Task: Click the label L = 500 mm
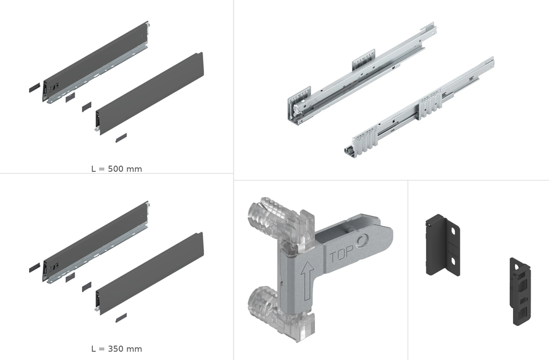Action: tap(117, 169)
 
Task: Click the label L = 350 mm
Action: tap(117, 349)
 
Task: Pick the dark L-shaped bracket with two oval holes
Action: tap(442, 244)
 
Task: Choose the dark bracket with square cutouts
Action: tap(521, 291)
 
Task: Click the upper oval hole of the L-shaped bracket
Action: tap(453, 231)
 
